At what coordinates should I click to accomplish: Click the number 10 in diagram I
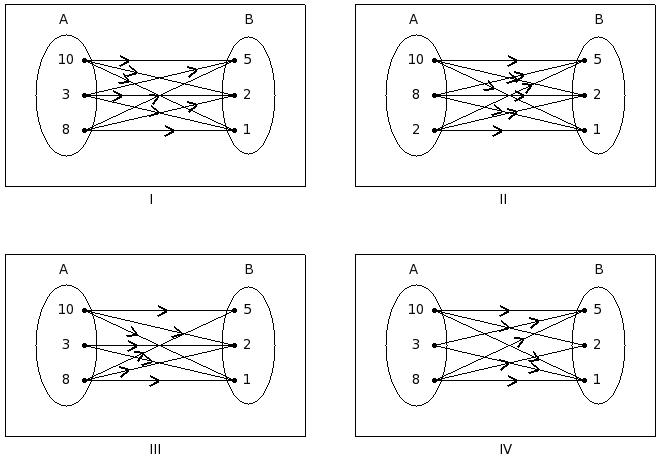66,60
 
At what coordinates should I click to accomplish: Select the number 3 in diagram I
66,95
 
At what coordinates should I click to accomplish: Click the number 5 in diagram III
247,310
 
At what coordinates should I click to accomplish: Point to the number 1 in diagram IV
597,380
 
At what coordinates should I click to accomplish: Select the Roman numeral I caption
152,199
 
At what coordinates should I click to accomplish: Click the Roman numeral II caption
503,199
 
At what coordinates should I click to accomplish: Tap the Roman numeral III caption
155,449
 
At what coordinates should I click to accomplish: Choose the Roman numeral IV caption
505,449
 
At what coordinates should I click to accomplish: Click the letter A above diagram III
64,269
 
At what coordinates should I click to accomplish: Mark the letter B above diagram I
249,19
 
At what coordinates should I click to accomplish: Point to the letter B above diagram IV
599,269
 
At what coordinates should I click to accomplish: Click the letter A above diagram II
414,19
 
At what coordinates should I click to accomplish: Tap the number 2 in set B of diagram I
247,95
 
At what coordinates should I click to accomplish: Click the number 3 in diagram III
66,345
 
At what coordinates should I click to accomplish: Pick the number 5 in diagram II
597,60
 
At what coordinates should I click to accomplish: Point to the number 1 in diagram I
247,130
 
